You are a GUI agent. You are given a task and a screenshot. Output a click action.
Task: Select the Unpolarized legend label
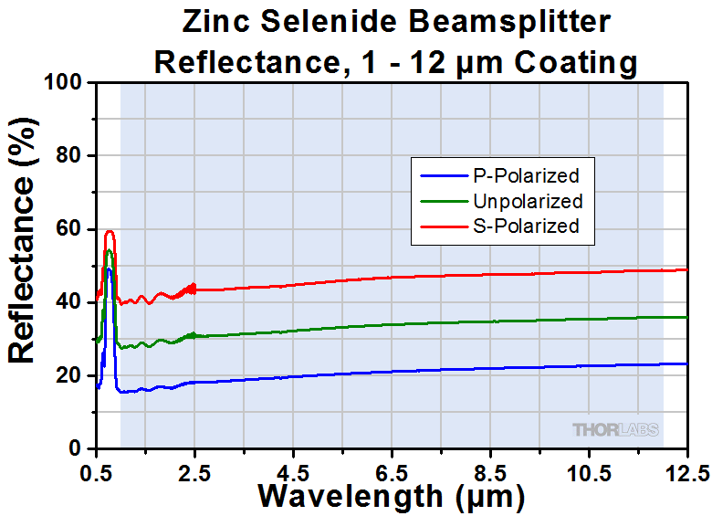coord(527,200)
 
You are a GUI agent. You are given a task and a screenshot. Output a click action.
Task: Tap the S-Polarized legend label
coord(526,226)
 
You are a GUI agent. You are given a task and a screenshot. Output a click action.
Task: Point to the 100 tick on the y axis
coord(68,83)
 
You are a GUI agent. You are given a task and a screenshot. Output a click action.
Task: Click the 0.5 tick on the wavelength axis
coord(96,471)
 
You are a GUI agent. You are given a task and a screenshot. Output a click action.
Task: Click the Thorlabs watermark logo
coord(615,429)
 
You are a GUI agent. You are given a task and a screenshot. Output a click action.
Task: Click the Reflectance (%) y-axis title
coord(24,265)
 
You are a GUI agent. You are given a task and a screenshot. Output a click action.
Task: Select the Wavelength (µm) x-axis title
coord(392,497)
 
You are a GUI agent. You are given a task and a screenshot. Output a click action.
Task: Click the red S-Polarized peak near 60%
coord(110,232)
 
